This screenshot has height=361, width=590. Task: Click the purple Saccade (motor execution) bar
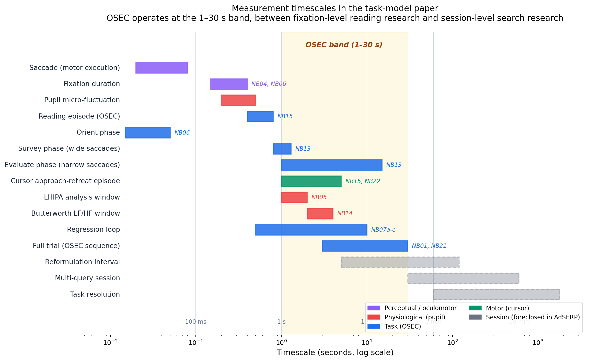(161, 68)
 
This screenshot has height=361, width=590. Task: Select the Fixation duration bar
(229, 84)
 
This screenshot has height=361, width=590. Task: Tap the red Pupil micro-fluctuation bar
(238, 100)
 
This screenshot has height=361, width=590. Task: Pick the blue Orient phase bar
(148, 133)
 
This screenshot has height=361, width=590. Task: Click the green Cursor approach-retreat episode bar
(311, 181)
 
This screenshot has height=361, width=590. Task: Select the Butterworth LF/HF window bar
(320, 214)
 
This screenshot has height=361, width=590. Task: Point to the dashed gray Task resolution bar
(496, 294)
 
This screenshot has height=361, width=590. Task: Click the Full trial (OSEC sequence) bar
(365, 246)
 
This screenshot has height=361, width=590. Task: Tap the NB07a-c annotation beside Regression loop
(383, 230)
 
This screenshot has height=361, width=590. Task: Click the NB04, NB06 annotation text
(269, 84)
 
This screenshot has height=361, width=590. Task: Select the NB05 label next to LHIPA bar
(319, 197)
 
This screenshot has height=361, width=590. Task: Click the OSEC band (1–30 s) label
(344, 45)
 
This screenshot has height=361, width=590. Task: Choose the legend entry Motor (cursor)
(507, 308)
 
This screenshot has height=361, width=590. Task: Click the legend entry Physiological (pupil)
(414, 317)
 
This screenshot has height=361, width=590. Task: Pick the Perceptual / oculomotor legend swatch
(374, 308)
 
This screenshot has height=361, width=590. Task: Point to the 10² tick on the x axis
(452, 343)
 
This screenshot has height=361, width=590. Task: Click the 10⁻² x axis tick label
(110, 343)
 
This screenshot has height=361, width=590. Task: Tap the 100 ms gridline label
(195, 322)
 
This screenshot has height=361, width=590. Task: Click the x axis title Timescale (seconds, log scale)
(335, 353)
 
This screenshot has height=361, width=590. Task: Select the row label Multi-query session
(87, 278)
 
